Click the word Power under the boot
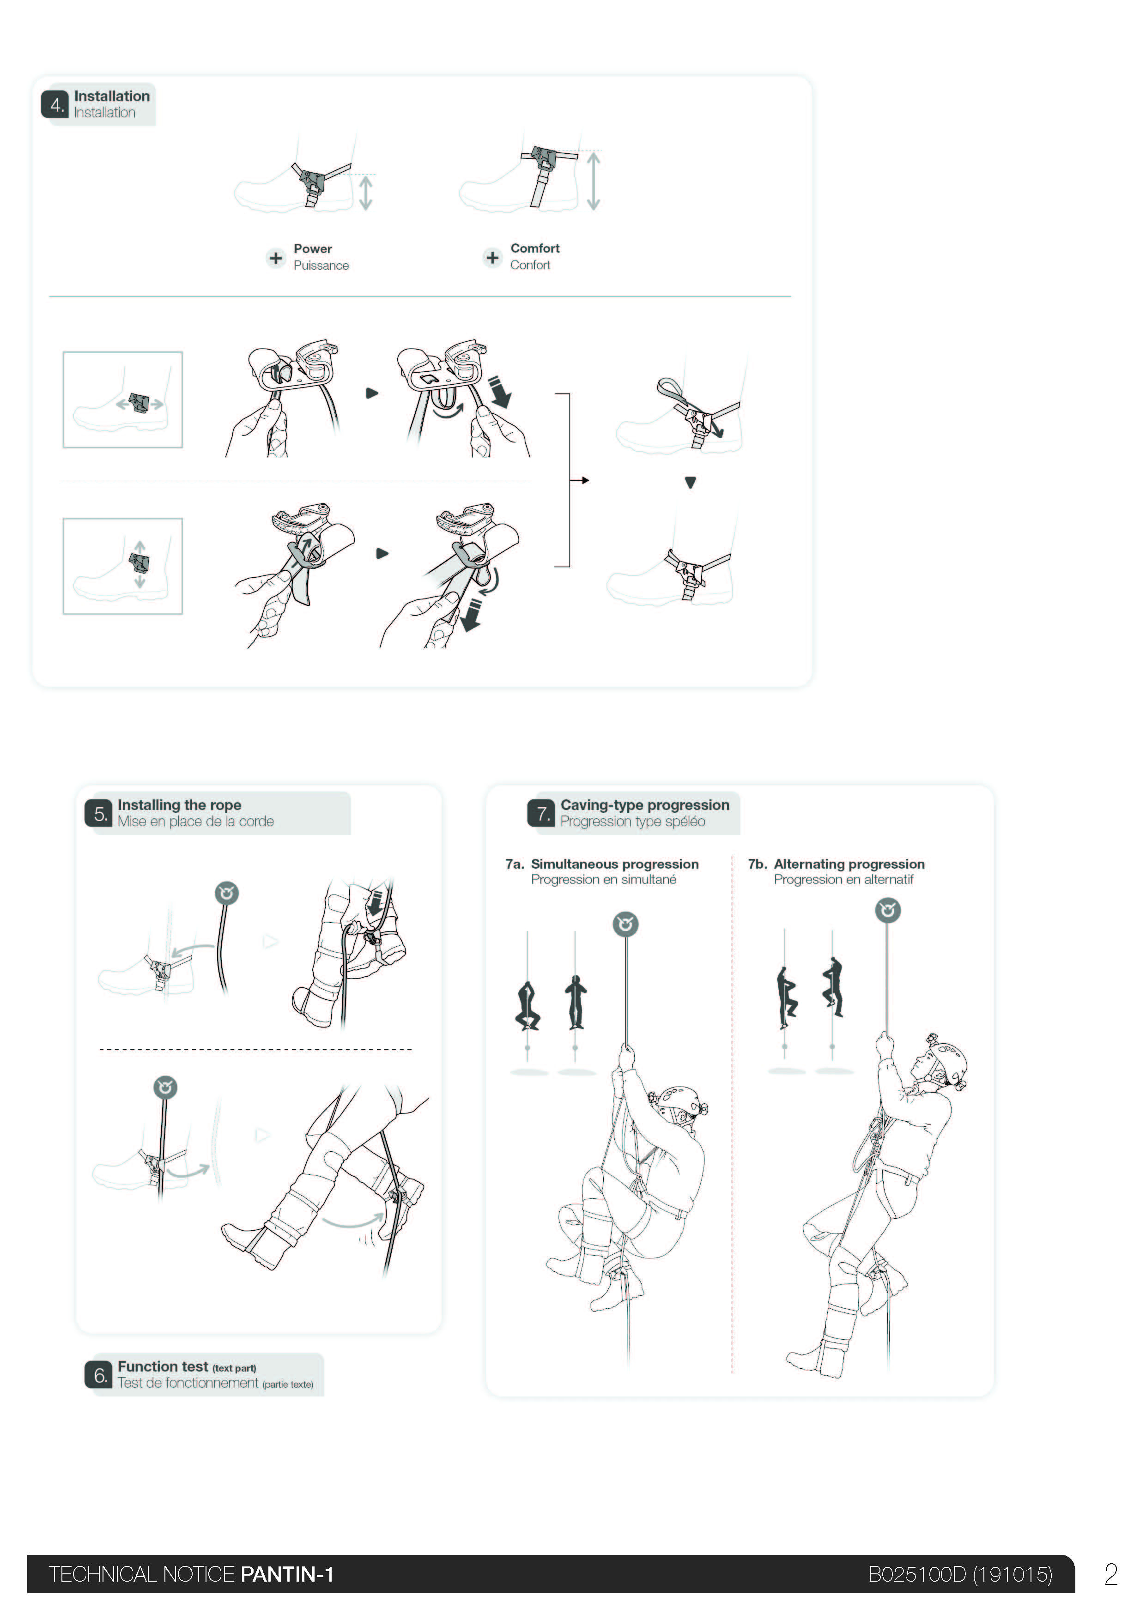tap(313, 248)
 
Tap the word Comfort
tap(535, 248)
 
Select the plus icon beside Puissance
tap(276, 258)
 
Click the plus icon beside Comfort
tap(492, 258)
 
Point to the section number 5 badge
tap(99, 814)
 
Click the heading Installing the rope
tap(179, 805)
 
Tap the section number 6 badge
tap(99, 1375)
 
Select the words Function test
tap(163, 1366)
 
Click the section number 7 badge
tap(541, 814)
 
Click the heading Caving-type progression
tap(645, 805)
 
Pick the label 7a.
tap(515, 864)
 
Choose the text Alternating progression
tap(849, 864)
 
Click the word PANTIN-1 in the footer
tap(287, 1574)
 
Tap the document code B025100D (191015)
tap(960, 1574)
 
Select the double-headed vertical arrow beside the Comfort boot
tap(594, 181)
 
